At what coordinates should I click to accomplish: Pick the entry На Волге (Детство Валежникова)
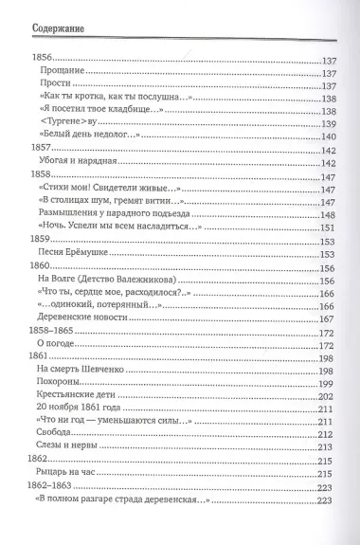(x=106, y=281)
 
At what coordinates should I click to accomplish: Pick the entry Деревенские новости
(x=83, y=319)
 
